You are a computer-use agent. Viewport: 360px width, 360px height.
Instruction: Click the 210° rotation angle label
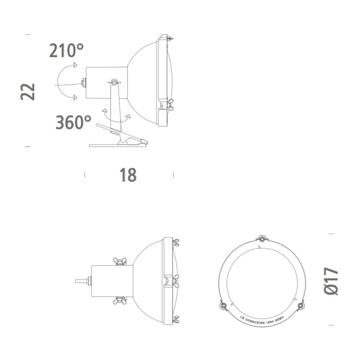66,50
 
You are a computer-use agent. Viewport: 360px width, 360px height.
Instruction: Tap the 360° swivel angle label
73,122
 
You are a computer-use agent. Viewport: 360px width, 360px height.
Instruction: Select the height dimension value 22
28,91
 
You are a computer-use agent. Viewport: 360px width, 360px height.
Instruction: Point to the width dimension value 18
128,175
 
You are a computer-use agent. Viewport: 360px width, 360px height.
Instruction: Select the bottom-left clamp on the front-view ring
223,305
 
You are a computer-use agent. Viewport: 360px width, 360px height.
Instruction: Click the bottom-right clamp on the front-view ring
301,305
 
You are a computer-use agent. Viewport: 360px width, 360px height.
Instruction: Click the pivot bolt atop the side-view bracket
114,82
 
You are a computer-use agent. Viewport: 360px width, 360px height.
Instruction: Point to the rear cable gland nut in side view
84,82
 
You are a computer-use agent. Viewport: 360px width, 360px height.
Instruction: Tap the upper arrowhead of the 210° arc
75,65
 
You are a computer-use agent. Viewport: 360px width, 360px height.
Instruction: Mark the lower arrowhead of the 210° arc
75,98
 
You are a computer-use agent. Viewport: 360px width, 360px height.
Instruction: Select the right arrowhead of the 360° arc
128,115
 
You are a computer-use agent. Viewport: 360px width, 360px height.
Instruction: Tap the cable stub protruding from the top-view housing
80,281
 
